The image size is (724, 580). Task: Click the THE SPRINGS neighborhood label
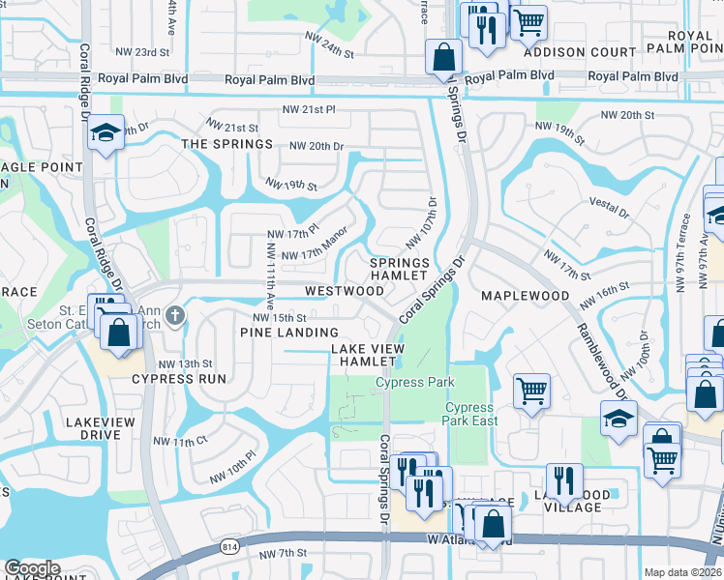pos(227,144)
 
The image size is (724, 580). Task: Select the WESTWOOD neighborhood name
pos(345,290)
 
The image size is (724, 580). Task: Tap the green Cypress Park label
pos(414,383)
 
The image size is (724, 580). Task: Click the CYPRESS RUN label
pos(171,379)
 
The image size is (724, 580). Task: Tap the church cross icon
pos(175,314)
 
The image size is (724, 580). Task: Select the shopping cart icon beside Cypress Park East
pos(531,390)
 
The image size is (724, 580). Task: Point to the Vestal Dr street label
pos(610,207)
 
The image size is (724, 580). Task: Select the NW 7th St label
pos(284,554)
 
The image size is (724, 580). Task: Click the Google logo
pos(32,568)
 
